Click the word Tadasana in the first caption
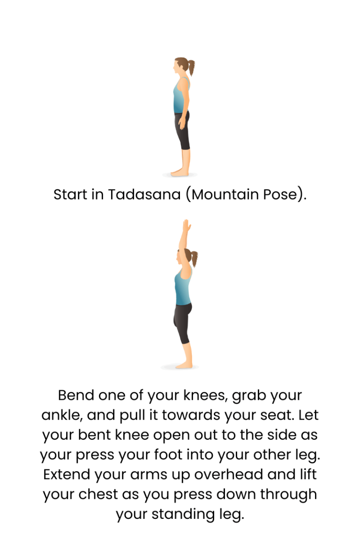tap(144, 194)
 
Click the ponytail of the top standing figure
tap(191, 67)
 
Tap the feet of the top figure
tap(180, 172)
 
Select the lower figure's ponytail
tap(194, 257)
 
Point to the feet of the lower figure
tap(184, 364)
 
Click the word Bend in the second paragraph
tap(76, 395)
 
